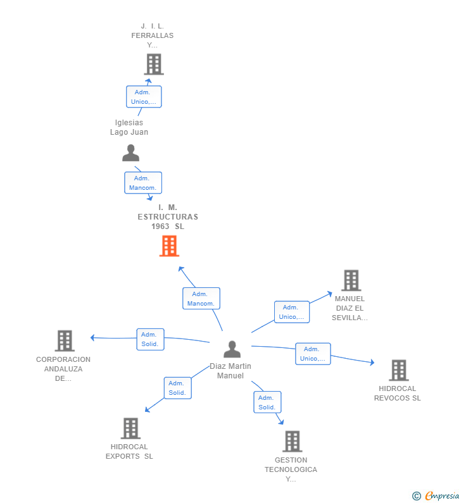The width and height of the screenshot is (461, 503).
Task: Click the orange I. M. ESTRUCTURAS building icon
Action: [x=169, y=246]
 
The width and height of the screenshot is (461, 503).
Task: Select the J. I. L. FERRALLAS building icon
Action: [x=153, y=65]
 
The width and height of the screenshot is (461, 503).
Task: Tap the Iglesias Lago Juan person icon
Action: [x=130, y=153]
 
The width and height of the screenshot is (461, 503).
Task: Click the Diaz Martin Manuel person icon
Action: [x=232, y=349]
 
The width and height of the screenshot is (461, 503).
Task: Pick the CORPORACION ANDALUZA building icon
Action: [x=64, y=341]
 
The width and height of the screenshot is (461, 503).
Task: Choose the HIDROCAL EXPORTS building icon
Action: [x=130, y=428]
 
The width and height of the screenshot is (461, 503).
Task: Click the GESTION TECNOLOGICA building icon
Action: [x=292, y=441]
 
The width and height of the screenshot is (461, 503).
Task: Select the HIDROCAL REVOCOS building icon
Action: [x=398, y=370]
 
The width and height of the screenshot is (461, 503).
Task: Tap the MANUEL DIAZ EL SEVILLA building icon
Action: [x=351, y=280]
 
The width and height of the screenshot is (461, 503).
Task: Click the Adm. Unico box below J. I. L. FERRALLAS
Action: [x=144, y=97]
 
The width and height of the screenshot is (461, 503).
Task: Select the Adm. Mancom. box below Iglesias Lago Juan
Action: [x=143, y=183]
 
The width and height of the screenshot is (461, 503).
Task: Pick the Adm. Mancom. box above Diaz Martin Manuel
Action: [x=201, y=299]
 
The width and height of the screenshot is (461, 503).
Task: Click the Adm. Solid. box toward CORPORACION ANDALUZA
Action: [x=150, y=339]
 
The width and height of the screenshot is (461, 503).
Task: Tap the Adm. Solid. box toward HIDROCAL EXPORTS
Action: [x=177, y=388]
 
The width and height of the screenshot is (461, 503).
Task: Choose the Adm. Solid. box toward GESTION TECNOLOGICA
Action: [x=267, y=402]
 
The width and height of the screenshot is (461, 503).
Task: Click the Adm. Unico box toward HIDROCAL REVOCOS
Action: [x=313, y=354]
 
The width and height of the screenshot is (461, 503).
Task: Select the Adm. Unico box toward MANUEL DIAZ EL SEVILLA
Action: [x=292, y=312]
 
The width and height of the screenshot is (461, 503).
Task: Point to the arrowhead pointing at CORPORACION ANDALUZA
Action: [x=92, y=338]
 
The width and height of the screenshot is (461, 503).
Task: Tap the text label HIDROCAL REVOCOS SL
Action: [x=398, y=394]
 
